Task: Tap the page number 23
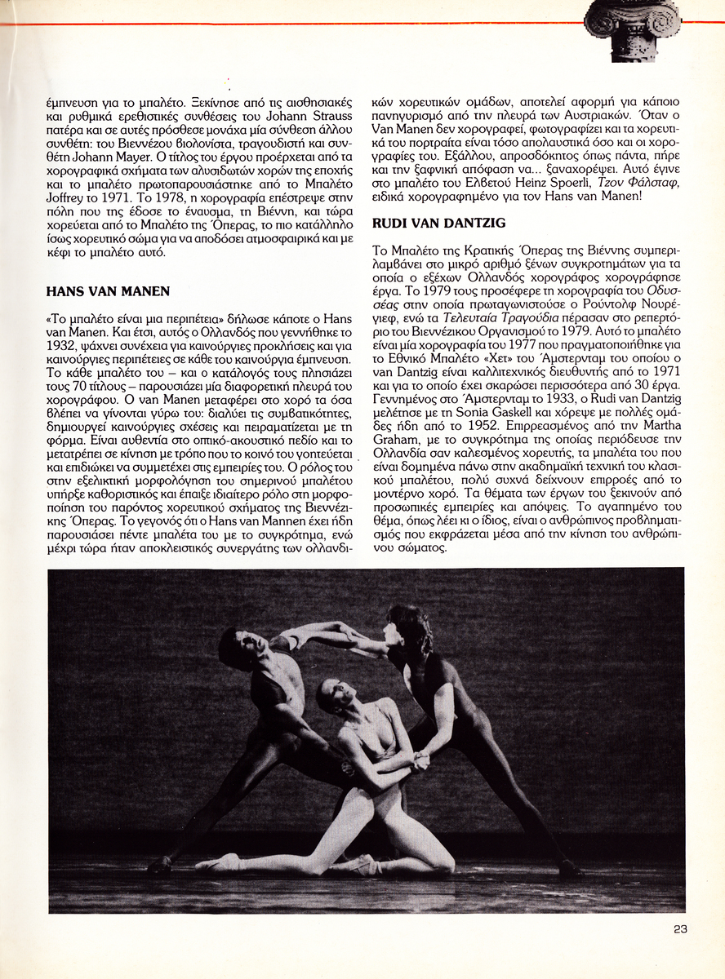pyautogui.click(x=681, y=928)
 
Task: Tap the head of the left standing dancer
pyautogui.click(x=237, y=645)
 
